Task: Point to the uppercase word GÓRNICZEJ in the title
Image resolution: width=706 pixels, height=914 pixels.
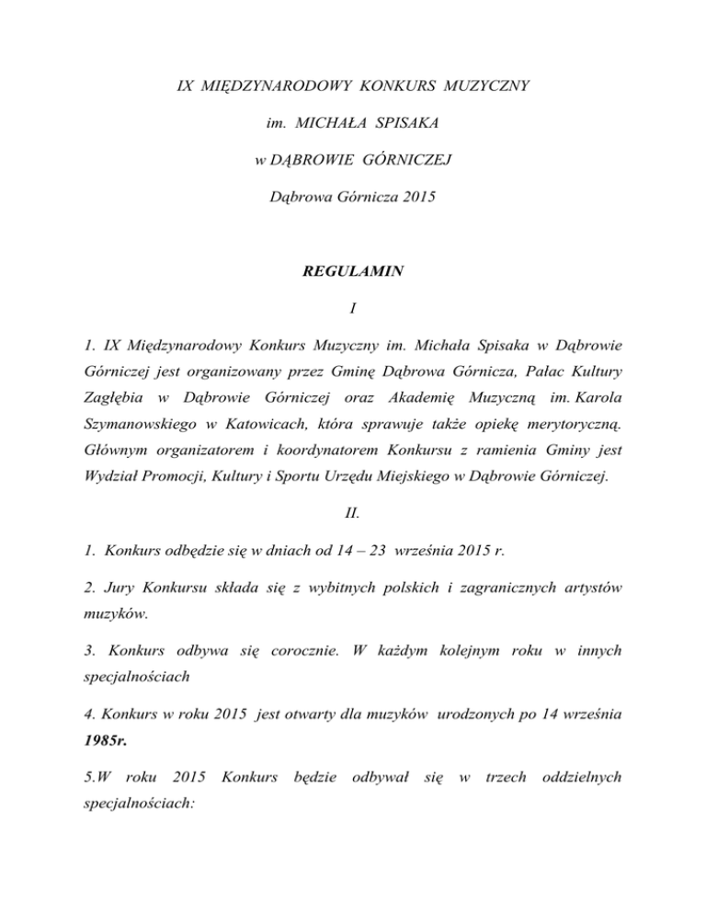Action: [404, 160]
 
